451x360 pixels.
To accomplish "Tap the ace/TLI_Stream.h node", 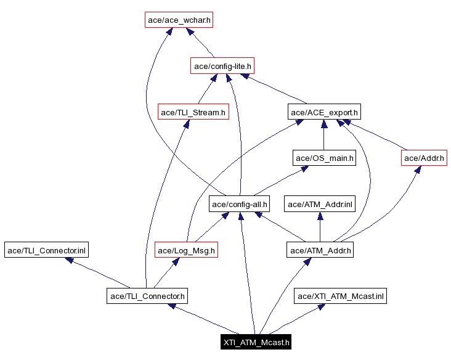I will click(x=193, y=112).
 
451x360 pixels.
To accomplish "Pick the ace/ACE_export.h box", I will click(x=324, y=112).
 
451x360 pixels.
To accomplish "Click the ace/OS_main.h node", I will click(x=325, y=158).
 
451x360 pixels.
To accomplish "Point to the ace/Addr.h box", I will click(x=423, y=158).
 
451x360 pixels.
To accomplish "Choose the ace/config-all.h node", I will click(x=240, y=204).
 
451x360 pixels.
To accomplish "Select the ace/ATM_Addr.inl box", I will click(x=319, y=204).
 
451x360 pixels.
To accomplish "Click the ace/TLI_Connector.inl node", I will click(x=47, y=250).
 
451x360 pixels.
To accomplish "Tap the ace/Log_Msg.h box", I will click(x=187, y=250).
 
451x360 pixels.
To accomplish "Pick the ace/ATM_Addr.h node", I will click(x=320, y=250).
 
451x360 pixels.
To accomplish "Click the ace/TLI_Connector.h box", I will click(x=146, y=297).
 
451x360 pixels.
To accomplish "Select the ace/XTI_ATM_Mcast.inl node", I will click(x=341, y=297).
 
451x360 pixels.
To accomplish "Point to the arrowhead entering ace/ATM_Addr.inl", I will click(x=320, y=216).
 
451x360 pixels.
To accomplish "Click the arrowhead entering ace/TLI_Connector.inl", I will click(x=69, y=260).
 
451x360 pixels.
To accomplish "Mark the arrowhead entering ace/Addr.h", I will click(x=418, y=170).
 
